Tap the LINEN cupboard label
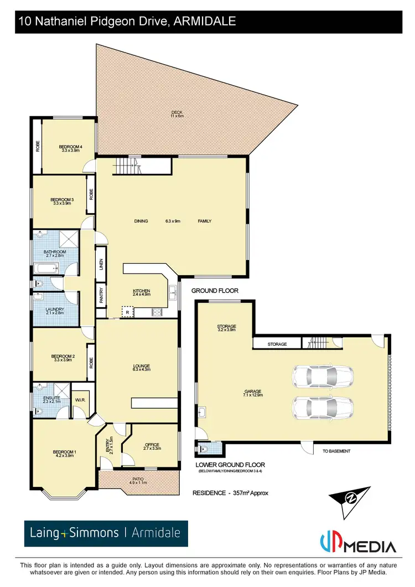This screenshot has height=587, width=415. pos(101,264)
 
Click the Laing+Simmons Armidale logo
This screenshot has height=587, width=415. pos(105,533)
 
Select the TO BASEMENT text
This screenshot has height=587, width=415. pos(336,451)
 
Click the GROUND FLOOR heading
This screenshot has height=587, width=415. pos(215,290)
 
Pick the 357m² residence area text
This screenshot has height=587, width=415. pos(230,492)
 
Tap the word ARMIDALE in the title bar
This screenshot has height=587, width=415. pos(205,22)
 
